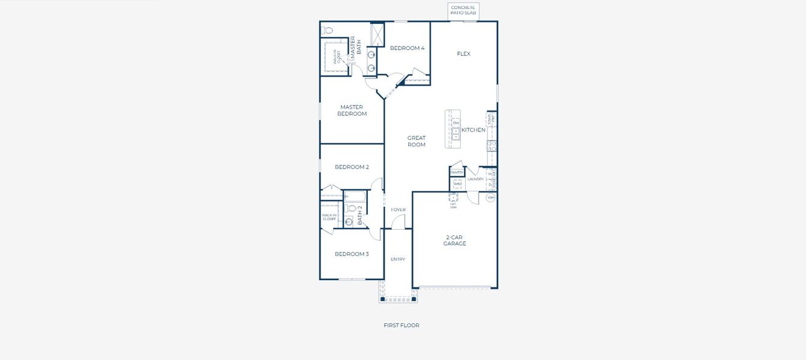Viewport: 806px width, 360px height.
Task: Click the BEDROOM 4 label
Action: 407,48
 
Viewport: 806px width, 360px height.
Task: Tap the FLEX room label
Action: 463,54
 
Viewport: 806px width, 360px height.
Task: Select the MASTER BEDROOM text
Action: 352,110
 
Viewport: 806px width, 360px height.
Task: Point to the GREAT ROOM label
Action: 417,141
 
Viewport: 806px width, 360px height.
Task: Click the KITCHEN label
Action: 474,130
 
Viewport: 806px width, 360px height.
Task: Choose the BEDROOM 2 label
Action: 352,167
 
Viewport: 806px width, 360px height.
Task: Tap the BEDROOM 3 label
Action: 352,254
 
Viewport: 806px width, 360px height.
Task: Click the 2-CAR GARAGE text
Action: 455,241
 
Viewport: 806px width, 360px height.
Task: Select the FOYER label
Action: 398,210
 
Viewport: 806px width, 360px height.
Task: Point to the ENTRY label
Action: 398,259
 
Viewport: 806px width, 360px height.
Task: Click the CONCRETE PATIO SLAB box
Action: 463,10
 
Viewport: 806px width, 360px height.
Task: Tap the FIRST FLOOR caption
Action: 401,325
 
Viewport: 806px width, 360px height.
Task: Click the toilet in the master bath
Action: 328,29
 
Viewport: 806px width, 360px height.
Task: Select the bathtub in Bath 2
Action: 354,196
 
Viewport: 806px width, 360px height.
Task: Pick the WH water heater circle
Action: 490,197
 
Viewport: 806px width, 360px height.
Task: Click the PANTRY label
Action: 457,172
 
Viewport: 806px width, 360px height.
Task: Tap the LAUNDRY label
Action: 475,179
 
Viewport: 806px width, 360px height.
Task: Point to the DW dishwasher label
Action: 456,123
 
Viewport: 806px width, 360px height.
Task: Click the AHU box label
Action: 457,184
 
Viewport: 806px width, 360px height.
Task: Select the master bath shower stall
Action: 377,34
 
